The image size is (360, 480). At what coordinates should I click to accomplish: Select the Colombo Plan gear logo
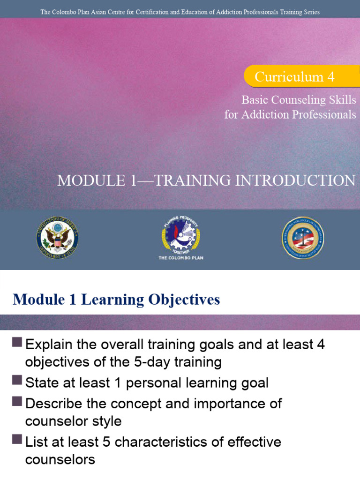pos(180,234)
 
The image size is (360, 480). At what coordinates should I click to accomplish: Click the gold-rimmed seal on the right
pos(303,238)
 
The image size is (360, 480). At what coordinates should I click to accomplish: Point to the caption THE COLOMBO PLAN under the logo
pos(180,258)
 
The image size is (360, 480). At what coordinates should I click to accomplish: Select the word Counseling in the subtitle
pos(302,100)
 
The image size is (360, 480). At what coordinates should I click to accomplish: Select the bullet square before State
pos(17,380)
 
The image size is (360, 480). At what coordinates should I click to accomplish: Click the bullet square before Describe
pos(17,401)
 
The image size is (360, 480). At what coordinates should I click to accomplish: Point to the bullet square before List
pos(17,440)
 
